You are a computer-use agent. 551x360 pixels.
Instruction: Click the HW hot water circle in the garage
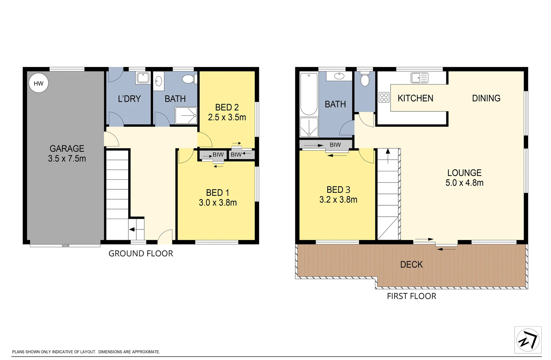tap(39, 83)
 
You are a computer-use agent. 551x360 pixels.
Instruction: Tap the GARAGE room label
tap(67, 149)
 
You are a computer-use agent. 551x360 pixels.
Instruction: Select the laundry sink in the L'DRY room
tap(143, 78)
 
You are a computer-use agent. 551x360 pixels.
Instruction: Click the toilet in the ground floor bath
tap(190, 79)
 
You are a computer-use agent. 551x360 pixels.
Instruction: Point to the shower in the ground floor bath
tap(186, 115)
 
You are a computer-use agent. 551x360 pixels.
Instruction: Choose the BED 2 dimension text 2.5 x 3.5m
tap(227, 117)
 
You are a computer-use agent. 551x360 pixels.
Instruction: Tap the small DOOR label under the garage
tap(66, 246)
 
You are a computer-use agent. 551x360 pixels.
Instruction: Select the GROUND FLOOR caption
tap(141, 253)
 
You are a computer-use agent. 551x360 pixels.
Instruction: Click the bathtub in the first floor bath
tap(309, 94)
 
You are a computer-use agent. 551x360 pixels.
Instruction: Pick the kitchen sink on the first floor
tap(419, 78)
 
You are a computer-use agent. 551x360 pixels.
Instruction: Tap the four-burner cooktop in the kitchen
tap(384, 97)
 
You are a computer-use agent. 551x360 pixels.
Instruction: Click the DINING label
tap(486, 98)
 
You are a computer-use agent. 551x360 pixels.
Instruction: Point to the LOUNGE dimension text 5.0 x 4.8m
tap(464, 183)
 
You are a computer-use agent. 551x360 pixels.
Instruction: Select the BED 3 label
tap(338, 190)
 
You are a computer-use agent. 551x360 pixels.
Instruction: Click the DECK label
tap(411, 264)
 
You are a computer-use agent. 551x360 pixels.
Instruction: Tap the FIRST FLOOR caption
tap(412, 296)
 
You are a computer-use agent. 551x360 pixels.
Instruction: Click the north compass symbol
tap(528, 340)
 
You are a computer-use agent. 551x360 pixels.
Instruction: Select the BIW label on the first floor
tap(335, 145)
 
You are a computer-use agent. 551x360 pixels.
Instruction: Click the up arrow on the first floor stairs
tap(388, 156)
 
